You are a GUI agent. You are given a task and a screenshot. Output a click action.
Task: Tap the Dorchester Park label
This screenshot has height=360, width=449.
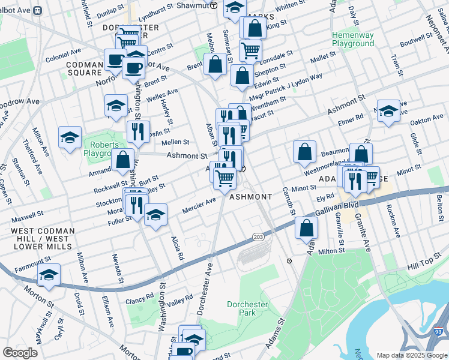(247, 308)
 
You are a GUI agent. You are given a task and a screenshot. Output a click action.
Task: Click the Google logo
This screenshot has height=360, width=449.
(20, 353)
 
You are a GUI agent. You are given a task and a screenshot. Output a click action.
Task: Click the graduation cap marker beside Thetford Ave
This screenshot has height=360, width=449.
(70, 137)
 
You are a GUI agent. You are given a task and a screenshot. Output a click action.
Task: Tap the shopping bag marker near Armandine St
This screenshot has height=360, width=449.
(123, 160)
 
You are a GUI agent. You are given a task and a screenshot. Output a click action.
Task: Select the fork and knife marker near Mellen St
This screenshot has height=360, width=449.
(139, 131)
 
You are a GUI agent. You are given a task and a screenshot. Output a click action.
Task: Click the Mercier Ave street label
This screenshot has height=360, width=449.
(199, 210)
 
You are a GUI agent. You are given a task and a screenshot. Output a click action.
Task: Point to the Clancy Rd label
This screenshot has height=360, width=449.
(140, 296)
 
